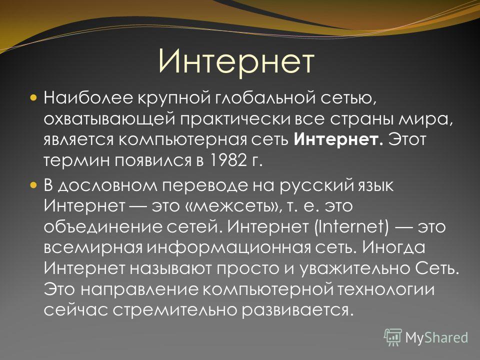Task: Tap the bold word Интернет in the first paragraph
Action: [x=338, y=139]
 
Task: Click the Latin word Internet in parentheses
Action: [x=351, y=226]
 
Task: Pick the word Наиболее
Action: [x=88, y=98]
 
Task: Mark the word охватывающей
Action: [x=109, y=119]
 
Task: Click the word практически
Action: [x=234, y=119]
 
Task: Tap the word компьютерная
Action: [x=182, y=140]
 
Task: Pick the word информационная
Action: [x=228, y=247]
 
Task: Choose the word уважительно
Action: [x=354, y=268]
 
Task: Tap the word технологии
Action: [x=386, y=289]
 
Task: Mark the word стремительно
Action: [x=175, y=310]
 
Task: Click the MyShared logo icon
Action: [x=393, y=337]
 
